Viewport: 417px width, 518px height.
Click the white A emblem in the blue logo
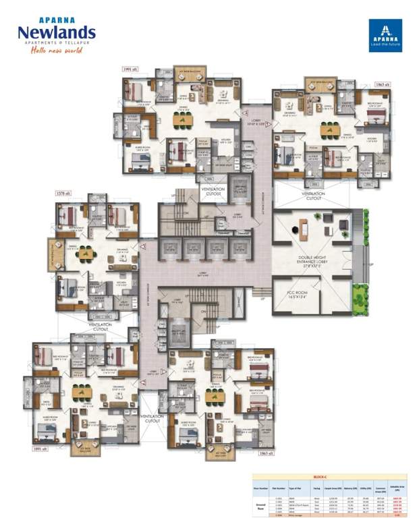coord(385,30)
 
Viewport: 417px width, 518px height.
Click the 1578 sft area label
coord(65,194)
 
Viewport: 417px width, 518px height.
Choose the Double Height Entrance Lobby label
coord(312,262)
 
